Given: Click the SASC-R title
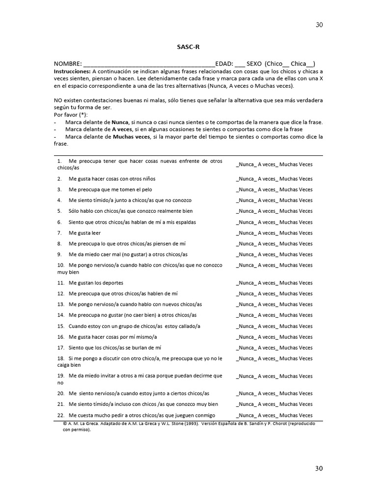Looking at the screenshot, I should [x=188, y=47].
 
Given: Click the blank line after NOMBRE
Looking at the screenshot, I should [x=149, y=64].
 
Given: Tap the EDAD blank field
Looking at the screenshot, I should [x=240, y=64].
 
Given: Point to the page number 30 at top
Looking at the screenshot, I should [x=319, y=25].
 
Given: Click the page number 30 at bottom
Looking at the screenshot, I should [x=319, y=469].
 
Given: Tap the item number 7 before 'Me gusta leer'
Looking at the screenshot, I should [x=59, y=233].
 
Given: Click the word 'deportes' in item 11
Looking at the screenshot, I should [x=113, y=283].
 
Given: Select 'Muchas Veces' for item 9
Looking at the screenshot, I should [x=295, y=254].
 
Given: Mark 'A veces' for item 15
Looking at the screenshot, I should [x=268, y=326].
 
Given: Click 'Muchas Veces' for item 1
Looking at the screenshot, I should [x=295, y=165].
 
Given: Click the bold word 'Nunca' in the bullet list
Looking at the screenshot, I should [x=120, y=122].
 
